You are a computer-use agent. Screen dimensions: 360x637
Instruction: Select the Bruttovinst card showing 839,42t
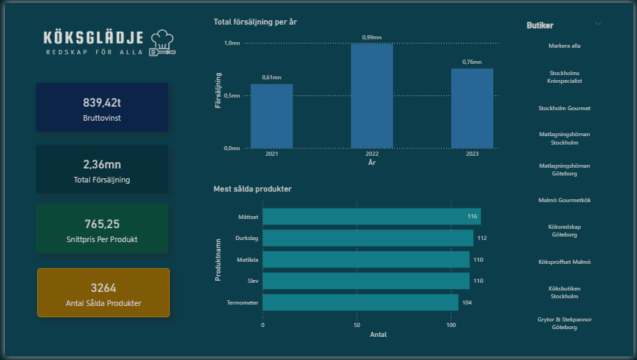102,107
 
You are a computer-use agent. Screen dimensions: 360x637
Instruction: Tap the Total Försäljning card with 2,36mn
102,169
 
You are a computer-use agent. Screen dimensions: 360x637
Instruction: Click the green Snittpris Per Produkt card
102,229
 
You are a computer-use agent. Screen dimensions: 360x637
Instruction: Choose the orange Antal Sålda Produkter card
103,293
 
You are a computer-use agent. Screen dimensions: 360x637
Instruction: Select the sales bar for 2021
271,116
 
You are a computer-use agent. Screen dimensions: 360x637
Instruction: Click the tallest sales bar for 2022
372,96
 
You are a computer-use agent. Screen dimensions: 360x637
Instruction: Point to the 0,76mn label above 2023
471,62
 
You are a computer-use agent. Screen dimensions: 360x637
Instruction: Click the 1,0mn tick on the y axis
232,44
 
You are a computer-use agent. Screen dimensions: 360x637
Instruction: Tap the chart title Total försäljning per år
255,22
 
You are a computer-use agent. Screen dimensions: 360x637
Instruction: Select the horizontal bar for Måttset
371,217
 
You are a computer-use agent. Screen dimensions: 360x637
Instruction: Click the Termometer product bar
360,302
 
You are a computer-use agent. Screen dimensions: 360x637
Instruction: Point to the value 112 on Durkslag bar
482,239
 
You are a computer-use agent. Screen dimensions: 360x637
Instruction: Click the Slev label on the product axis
252,281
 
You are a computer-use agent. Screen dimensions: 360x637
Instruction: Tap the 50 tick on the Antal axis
357,326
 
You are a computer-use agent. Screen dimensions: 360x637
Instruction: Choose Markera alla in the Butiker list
564,46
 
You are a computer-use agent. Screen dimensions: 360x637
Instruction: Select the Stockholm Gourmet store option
564,109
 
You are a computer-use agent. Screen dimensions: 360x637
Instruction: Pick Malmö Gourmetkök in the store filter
564,200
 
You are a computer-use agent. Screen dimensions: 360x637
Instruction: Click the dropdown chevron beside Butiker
598,23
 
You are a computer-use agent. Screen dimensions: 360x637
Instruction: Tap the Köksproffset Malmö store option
564,262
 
